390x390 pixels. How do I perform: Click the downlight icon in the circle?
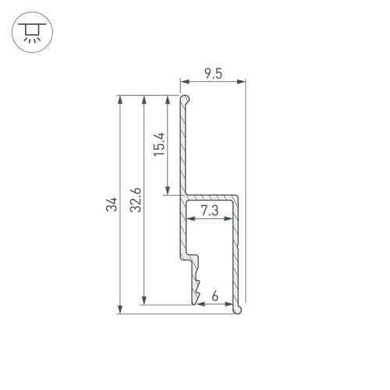tap(30, 30)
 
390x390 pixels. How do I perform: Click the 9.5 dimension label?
tap(213, 74)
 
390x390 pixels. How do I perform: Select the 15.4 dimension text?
tap(158, 145)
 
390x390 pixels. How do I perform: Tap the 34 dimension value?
tap(112, 206)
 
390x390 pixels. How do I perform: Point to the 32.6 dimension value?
tap(136, 200)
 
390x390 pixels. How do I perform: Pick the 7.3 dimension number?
tap(210, 211)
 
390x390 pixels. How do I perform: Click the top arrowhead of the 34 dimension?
tap(120, 100)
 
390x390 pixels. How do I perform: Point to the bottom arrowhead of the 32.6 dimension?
tap(144, 301)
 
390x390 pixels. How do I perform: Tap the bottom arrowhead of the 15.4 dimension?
tap(168, 191)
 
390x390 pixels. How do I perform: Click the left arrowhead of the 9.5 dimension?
tap(183, 80)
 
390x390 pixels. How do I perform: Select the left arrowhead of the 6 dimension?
tap(200, 303)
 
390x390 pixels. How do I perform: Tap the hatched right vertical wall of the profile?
tap(236, 250)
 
